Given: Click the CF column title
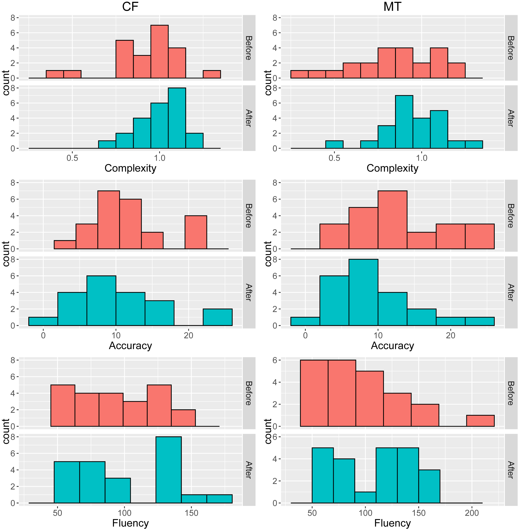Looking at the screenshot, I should coord(130,7).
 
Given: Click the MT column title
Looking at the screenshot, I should coord(392,7).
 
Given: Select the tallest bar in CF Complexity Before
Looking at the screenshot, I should coord(159,52).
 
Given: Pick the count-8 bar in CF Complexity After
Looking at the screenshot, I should coord(177,118).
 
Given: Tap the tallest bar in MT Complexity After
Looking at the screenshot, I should coord(404,122).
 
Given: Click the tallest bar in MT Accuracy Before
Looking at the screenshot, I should coord(392,220).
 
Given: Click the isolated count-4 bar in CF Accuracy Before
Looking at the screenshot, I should coord(196,232).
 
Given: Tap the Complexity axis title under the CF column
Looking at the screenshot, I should coord(130,168).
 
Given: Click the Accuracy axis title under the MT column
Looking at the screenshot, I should coord(392,346).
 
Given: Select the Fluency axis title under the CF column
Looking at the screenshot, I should coord(130,523).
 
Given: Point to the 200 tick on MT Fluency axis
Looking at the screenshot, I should coord(472,513).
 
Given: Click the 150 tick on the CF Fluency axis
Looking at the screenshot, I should coord(191,513).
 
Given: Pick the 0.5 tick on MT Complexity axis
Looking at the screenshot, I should coord(334,158).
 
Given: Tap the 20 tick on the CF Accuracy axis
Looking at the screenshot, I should coord(188,335).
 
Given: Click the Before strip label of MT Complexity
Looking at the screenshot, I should coord(511,48).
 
